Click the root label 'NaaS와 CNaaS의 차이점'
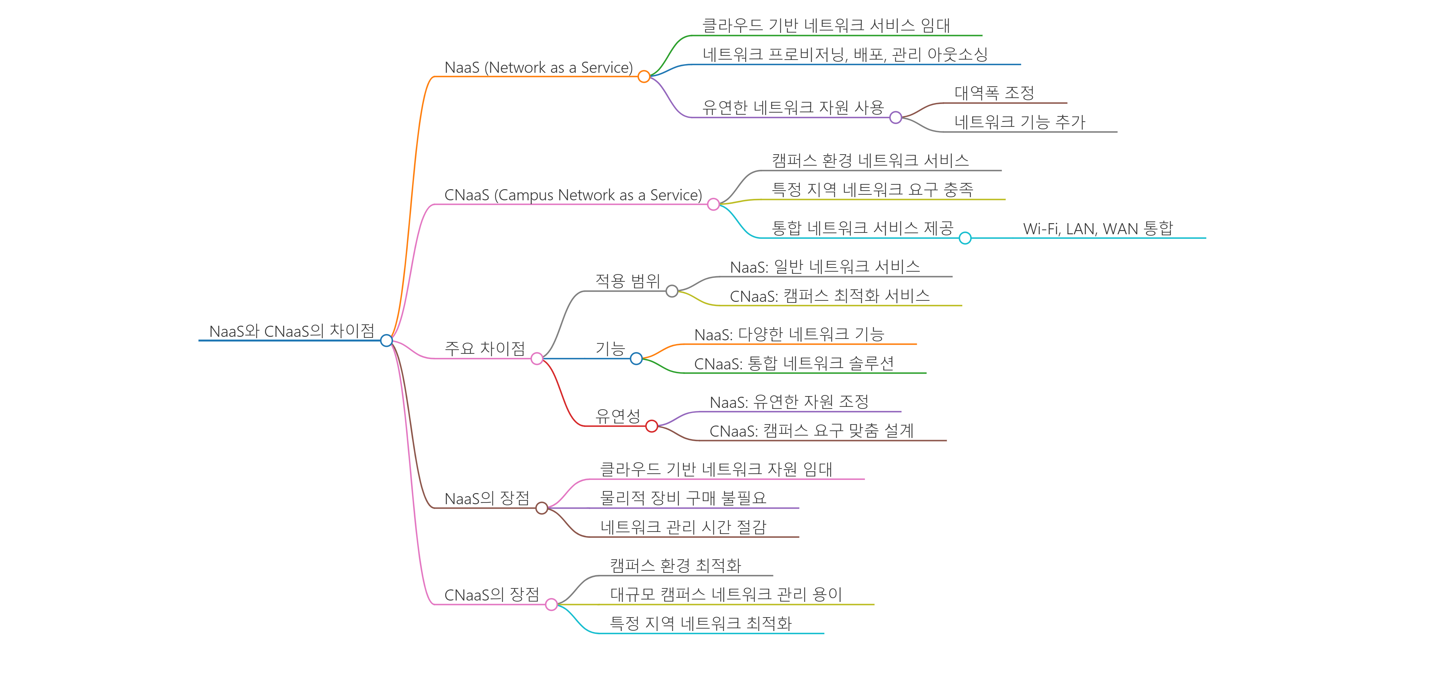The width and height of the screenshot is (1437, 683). pos(291,331)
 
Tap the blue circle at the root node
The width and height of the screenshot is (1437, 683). pos(386,340)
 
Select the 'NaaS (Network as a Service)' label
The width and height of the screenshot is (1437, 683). pos(538,68)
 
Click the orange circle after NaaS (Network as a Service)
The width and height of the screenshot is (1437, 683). pos(644,77)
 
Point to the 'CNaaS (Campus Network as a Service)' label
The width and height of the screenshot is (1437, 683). pos(573,195)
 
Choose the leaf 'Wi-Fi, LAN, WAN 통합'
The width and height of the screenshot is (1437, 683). pos(1098,229)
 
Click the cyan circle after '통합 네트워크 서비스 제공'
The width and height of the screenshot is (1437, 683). pos(965,238)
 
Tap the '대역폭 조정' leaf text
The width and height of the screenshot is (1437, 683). pos(994,93)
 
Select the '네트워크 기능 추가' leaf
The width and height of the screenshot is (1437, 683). pos(1020,122)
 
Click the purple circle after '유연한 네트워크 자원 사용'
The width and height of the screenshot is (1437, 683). pos(895,117)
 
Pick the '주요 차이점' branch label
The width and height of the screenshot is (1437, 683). pos(484,349)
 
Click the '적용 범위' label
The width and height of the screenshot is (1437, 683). pos(628,281)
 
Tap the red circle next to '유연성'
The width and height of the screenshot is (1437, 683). pos(651,426)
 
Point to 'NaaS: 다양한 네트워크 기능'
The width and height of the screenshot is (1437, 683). pos(789,334)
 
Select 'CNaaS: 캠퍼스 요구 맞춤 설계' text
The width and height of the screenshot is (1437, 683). pos(811,431)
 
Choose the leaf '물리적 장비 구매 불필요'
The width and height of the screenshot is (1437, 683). pos(683,498)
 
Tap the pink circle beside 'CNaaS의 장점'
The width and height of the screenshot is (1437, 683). pos(551,604)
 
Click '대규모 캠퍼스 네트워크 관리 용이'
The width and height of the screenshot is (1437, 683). pos(726,594)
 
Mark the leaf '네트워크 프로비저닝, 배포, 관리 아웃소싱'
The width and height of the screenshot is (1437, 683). pos(844,54)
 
